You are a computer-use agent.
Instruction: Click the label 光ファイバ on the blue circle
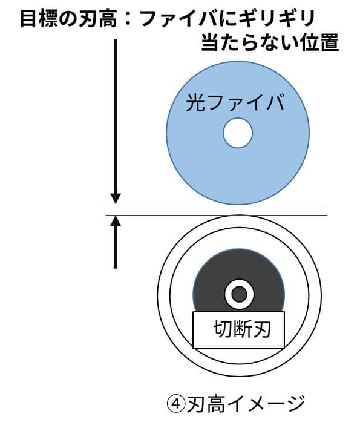click(x=235, y=103)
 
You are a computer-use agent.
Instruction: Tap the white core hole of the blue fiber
click(x=238, y=133)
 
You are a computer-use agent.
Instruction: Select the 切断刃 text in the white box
click(x=242, y=329)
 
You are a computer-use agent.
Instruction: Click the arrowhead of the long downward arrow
click(x=116, y=199)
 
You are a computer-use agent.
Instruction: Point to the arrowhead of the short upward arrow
click(x=116, y=220)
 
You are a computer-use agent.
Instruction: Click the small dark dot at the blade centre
click(x=239, y=295)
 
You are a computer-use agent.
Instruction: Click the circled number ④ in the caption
click(x=177, y=404)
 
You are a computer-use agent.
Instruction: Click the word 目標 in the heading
click(x=39, y=19)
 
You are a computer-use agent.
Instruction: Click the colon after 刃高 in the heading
click(x=128, y=19)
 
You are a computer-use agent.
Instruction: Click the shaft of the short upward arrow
click(x=116, y=248)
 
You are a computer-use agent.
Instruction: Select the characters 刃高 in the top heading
click(x=97, y=19)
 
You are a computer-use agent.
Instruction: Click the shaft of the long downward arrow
click(x=116, y=116)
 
